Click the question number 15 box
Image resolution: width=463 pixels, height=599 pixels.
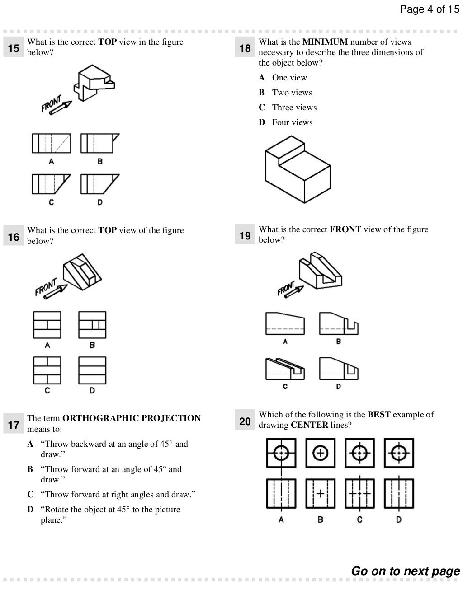[x=14, y=48]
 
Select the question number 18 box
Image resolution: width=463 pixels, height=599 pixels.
[x=245, y=48]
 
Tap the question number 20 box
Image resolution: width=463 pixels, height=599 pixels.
[x=245, y=421]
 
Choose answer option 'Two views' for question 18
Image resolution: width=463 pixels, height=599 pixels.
[x=292, y=93]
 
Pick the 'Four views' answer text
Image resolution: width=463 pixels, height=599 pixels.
[x=292, y=122]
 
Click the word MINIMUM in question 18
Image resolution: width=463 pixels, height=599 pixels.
[x=325, y=42]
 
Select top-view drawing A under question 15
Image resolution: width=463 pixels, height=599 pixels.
[x=51, y=143]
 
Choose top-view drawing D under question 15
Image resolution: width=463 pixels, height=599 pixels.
[x=99, y=184]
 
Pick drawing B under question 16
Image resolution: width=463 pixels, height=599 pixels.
[x=92, y=325]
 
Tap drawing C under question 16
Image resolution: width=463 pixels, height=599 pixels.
[x=47, y=370]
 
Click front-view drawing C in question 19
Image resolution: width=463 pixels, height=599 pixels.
[x=285, y=369]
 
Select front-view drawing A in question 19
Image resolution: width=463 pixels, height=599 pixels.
[x=285, y=323]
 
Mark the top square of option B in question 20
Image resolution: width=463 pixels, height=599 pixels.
[x=320, y=452]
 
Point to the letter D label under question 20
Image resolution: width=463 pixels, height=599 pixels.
[x=399, y=519]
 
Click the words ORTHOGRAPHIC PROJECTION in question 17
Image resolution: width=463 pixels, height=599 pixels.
[x=132, y=418]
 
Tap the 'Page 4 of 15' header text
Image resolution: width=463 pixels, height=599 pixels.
[x=429, y=9]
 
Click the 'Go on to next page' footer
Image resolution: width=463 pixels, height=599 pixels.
[x=406, y=571]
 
